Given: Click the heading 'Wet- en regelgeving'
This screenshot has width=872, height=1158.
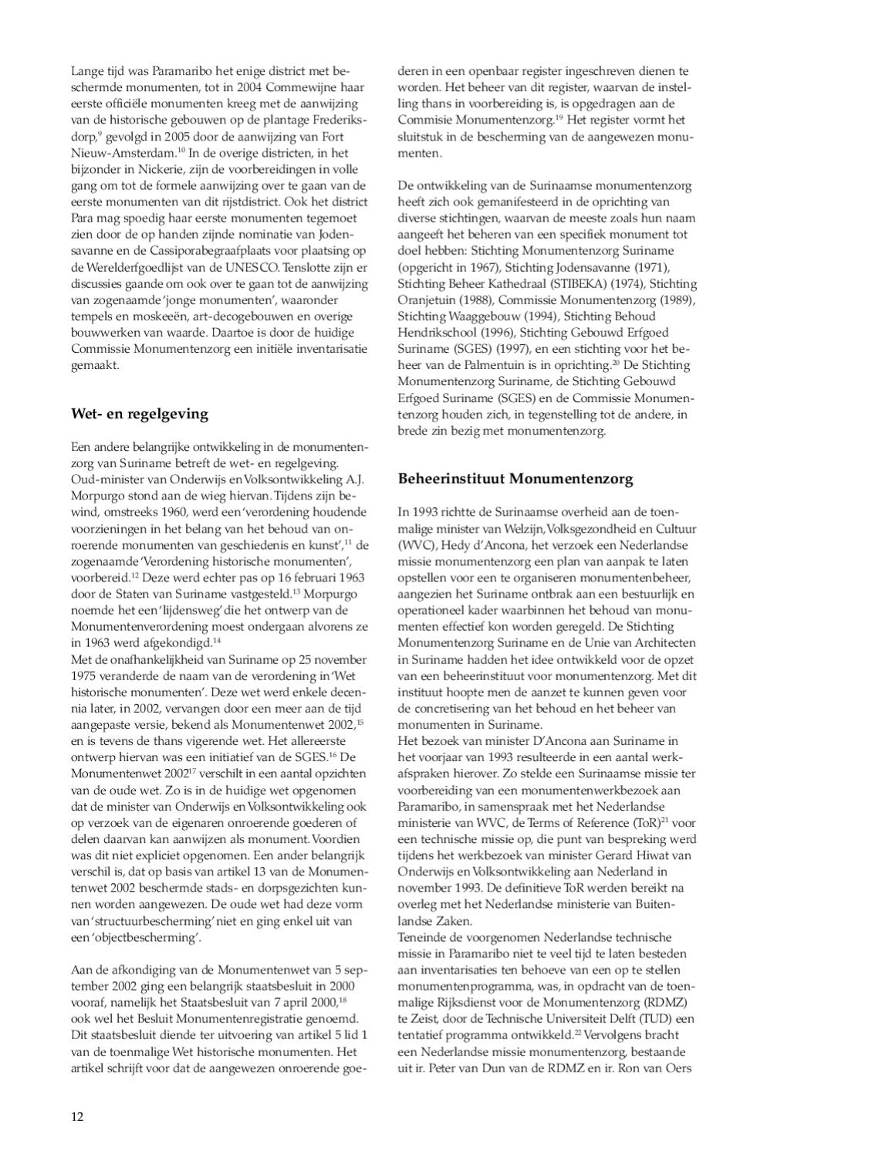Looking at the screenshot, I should (x=140, y=414).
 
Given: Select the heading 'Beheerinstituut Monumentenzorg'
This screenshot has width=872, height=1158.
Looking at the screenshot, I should (x=515, y=479).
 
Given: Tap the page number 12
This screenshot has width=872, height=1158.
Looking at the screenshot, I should (x=77, y=1116).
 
